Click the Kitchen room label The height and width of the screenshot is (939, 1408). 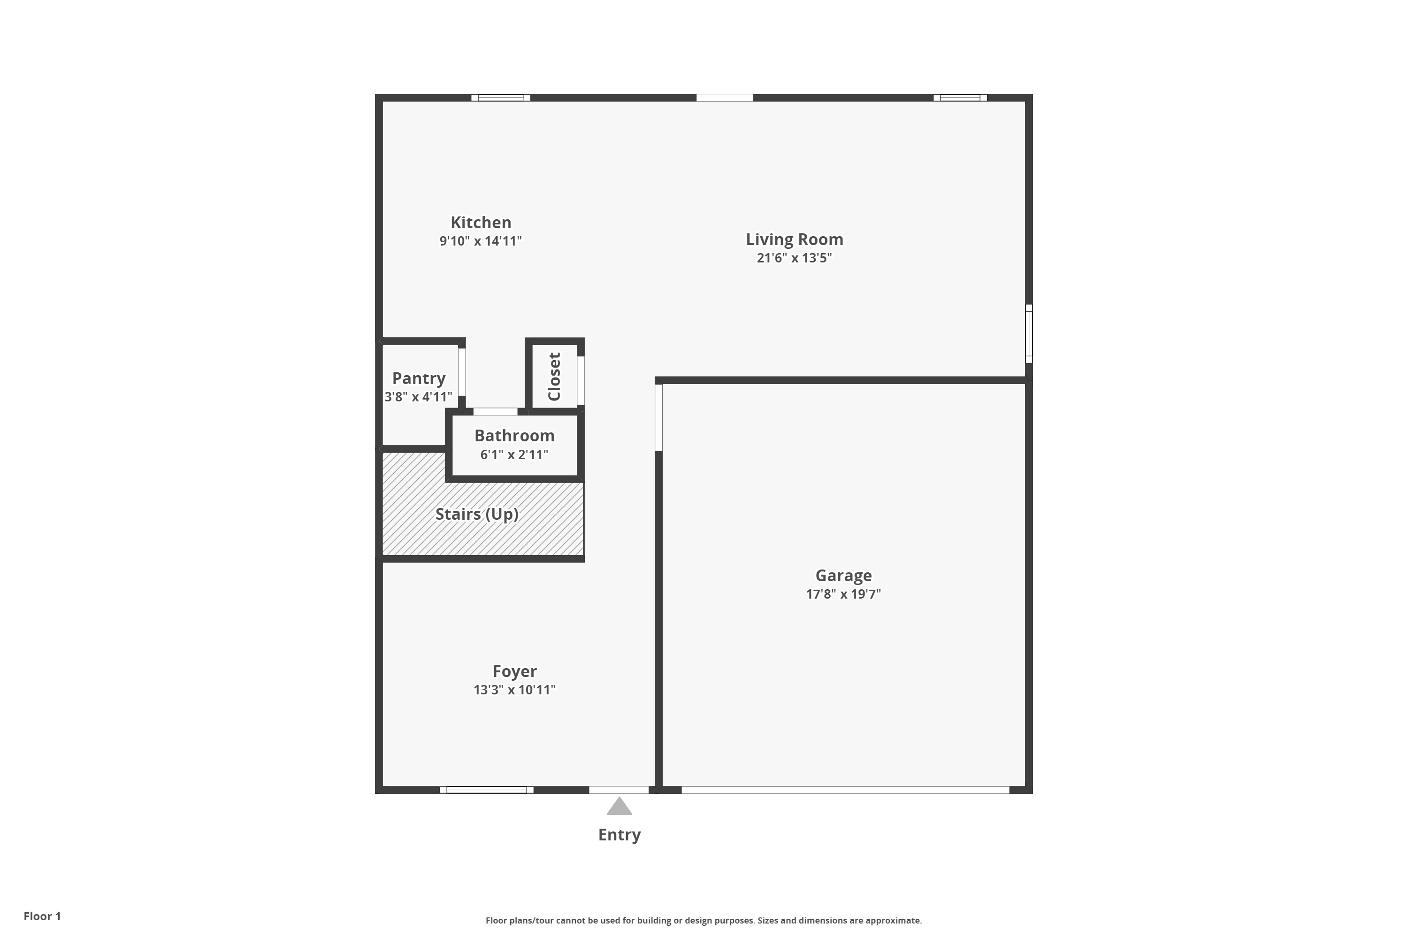point(481,222)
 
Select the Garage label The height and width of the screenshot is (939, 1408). point(843,576)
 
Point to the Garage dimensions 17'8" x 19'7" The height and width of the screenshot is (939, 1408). point(843,594)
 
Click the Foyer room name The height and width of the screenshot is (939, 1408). point(514,671)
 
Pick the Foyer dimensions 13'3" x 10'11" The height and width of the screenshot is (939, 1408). point(514,690)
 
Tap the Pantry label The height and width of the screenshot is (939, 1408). point(419,378)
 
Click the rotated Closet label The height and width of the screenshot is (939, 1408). point(554,377)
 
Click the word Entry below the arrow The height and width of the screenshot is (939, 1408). point(619,835)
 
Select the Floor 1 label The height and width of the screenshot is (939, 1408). point(42,916)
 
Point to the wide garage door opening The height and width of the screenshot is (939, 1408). point(845,790)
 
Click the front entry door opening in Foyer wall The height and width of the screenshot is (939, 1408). point(619,790)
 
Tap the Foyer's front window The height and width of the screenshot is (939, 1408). point(486,790)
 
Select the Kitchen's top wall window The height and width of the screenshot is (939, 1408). point(500,98)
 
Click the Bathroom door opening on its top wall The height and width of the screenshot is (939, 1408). point(495,411)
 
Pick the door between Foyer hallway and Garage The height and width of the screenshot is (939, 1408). point(658,417)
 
